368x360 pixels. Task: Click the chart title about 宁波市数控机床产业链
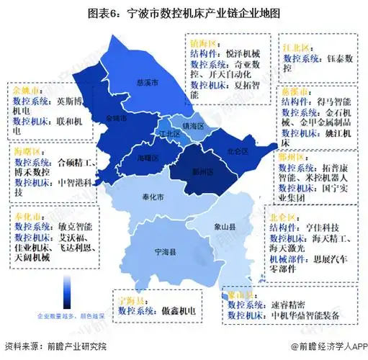point(184,13)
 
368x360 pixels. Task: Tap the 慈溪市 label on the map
point(145,80)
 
